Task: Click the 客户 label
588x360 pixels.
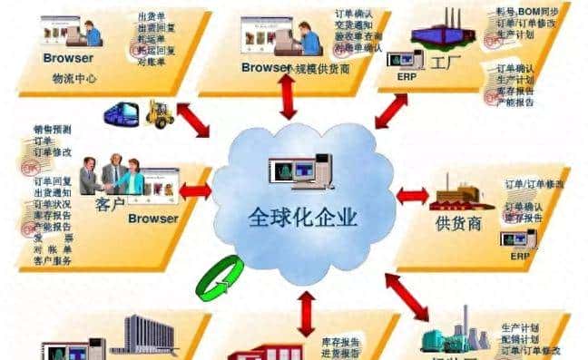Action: tap(109, 204)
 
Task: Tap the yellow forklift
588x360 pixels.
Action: tap(160, 112)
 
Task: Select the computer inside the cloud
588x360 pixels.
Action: tap(300, 172)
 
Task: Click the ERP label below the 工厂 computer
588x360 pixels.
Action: tap(403, 77)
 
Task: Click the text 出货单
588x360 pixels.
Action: tap(150, 17)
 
